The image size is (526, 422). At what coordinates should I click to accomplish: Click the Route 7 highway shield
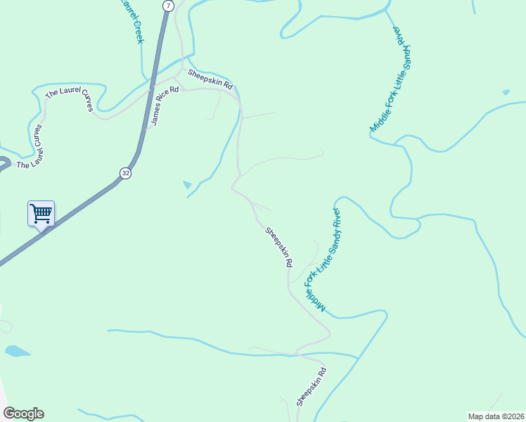pyautogui.click(x=167, y=6)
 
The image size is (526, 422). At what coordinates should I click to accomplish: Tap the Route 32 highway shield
pyautogui.click(x=125, y=173)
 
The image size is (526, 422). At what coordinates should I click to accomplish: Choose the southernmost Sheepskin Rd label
pyautogui.click(x=311, y=387)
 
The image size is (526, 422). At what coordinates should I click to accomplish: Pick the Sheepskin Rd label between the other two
pyautogui.click(x=278, y=247)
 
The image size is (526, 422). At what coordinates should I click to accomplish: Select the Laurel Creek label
pyautogui.click(x=131, y=21)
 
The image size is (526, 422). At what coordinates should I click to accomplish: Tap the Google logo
pyautogui.click(x=23, y=414)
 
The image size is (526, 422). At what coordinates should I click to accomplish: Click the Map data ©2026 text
pyautogui.click(x=496, y=416)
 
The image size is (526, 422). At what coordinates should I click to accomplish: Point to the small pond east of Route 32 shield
pyautogui.click(x=186, y=185)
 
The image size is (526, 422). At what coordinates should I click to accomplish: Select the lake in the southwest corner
pyautogui.click(x=17, y=350)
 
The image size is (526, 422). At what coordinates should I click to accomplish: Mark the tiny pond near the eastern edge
pyautogui.click(x=506, y=92)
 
